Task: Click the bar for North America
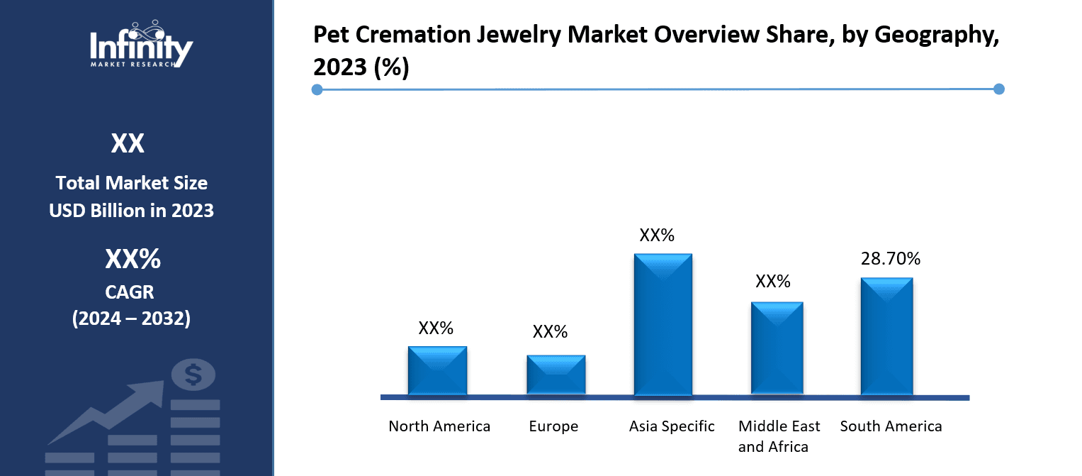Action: tap(437, 370)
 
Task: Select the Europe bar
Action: tap(556, 375)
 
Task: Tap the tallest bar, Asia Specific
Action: tap(663, 324)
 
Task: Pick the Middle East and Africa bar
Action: tap(777, 348)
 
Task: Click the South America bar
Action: tap(886, 336)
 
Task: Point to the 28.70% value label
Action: tap(890, 259)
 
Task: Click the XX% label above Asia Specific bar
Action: tap(657, 236)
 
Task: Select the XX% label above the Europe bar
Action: tap(550, 331)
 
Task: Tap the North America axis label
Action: tap(439, 426)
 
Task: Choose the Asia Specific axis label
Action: tap(672, 426)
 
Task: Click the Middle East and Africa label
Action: tap(779, 436)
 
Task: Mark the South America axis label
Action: tap(891, 426)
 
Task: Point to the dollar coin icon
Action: tap(193, 374)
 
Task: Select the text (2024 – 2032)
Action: tap(131, 319)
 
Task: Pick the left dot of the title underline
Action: tap(317, 89)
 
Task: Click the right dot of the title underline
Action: tap(999, 89)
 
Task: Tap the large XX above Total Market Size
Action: tap(128, 144)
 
